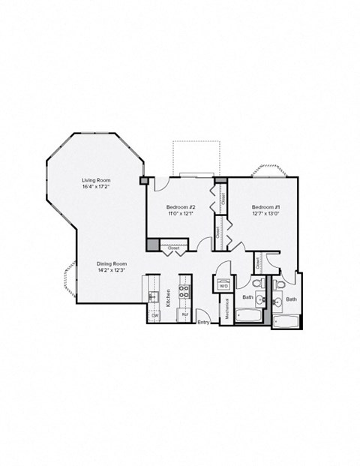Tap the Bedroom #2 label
point(181,207)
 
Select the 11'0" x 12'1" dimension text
point(181,214)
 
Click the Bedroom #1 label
point(265,207)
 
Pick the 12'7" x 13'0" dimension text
point(265,214)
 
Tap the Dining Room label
point(111,263)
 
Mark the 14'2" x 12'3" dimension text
point(111,270)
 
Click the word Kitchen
point(168,297)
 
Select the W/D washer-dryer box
point(223,285)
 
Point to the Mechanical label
point(224,309)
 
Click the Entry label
point(202,323)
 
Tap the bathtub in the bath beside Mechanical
point(250,316)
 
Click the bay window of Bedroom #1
point(271,169)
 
